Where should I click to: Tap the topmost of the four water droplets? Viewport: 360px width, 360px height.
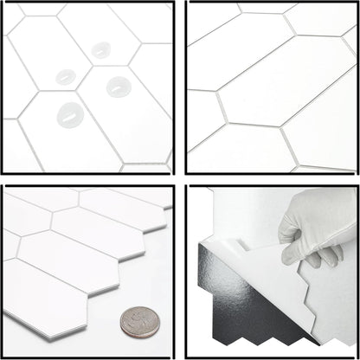coord(100,49)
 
